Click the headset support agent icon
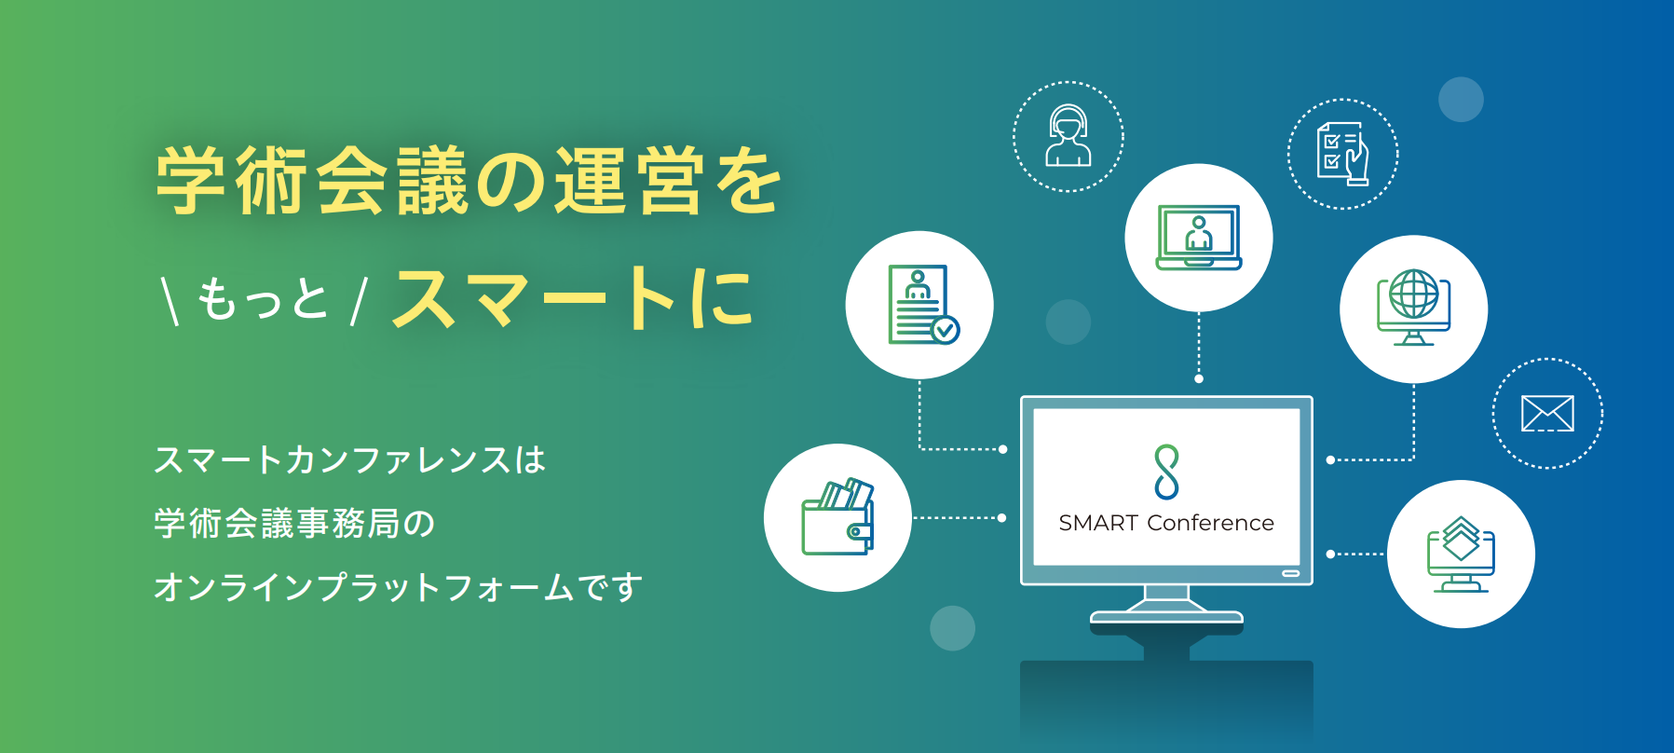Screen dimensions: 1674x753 1068,135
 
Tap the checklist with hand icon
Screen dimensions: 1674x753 1343,154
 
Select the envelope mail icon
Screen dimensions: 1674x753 1547,413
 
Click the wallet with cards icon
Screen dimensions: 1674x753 837,517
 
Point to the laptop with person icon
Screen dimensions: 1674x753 1199,238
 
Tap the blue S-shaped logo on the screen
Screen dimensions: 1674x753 1166,472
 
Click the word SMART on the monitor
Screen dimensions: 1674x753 1098,523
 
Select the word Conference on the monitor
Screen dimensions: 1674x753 1211,523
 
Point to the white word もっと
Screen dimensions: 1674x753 263,299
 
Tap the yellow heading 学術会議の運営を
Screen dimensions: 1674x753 469,181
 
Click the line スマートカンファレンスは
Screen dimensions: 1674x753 349,459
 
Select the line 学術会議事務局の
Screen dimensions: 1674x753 294,523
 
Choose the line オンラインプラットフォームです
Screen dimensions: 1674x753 399,587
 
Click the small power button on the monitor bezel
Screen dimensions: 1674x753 1290,573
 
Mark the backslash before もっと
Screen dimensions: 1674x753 170,300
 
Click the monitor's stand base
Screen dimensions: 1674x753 1166,617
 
